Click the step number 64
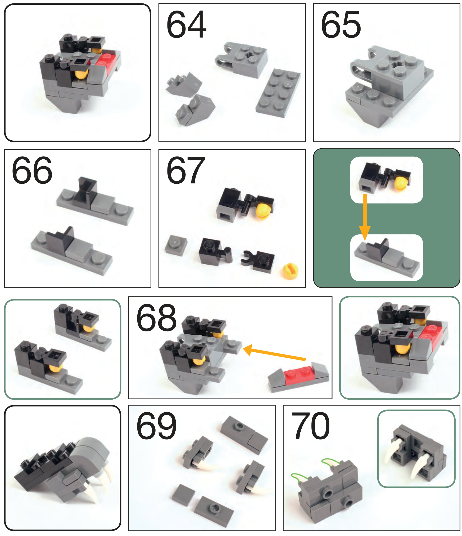click(x=186, y=24)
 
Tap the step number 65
click(x=341, y=24)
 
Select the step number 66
click(x=32, y=170)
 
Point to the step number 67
click(x=186, y=170)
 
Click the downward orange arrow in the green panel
click(x=365, y=217)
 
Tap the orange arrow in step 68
click(x=274, y=352)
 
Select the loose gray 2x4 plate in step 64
click(x=278, y=93)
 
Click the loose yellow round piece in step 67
click(x=290, y=271)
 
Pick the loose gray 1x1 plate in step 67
click(x=176, y=245)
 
